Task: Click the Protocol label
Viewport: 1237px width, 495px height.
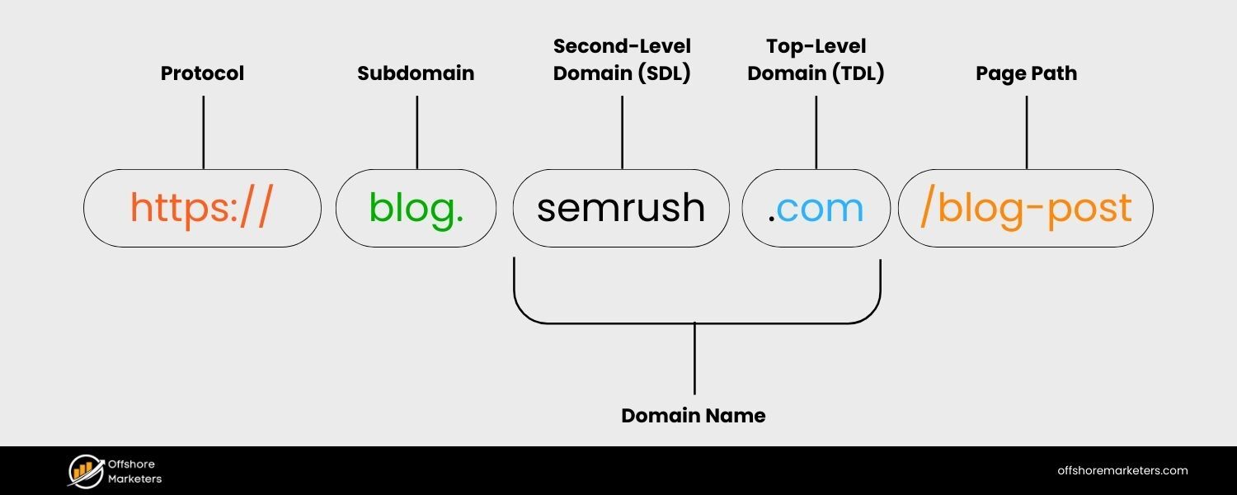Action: [202, 73]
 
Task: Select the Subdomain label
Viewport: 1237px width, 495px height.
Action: [416, 73]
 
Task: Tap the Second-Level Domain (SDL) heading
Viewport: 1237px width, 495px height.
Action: [622, 59]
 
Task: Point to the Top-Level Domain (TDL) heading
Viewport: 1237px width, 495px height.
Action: [816, 59]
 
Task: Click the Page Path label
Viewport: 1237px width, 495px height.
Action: [1026, 73]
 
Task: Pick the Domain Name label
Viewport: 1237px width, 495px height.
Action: [694, 416]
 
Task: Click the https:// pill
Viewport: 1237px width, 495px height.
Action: [202, 208]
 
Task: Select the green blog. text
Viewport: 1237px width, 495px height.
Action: [416, 208]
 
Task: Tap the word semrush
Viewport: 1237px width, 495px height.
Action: [621, 208]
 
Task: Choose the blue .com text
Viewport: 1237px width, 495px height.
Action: [816, 208]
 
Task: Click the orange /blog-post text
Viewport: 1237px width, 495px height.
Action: [1026, 208]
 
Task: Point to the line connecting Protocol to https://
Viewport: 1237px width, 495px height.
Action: [203, 132]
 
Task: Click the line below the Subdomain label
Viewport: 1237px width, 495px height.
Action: [416, 132]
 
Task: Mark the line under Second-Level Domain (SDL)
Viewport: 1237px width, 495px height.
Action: [622, 132]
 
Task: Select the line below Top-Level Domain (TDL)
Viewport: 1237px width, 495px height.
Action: [816, 132]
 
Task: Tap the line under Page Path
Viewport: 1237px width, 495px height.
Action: [1026, 132]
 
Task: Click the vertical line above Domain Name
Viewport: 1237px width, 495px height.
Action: [694, 359]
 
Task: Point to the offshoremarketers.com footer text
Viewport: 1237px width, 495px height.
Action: [1122, 471]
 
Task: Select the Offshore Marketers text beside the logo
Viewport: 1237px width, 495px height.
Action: [135, 471]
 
